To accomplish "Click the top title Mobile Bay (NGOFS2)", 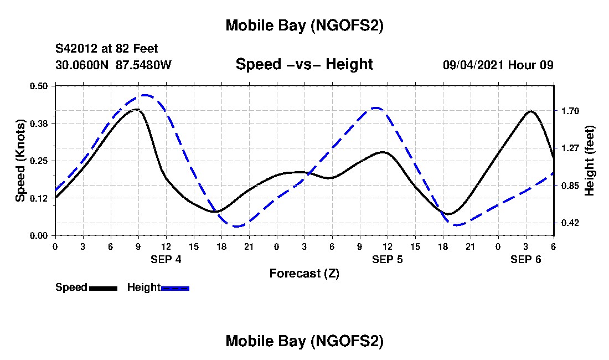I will pos(304,25).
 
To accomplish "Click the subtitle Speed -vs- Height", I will pos(304,64).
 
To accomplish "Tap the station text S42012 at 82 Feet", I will pos(107,49).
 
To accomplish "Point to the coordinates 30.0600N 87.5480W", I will pos(113,65).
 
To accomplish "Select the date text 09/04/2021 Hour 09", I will pos(498,65).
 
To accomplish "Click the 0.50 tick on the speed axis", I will pos(39,86).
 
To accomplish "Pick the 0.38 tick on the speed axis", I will pos(39,123).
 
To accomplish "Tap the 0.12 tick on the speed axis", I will pos(39,198).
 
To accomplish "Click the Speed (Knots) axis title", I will pos(20,161).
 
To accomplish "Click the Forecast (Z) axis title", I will pos(304,273).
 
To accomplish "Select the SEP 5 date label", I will pos(388,259).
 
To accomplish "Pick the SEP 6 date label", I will pos(526,259).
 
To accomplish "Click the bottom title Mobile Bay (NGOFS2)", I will pos(304,341).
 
